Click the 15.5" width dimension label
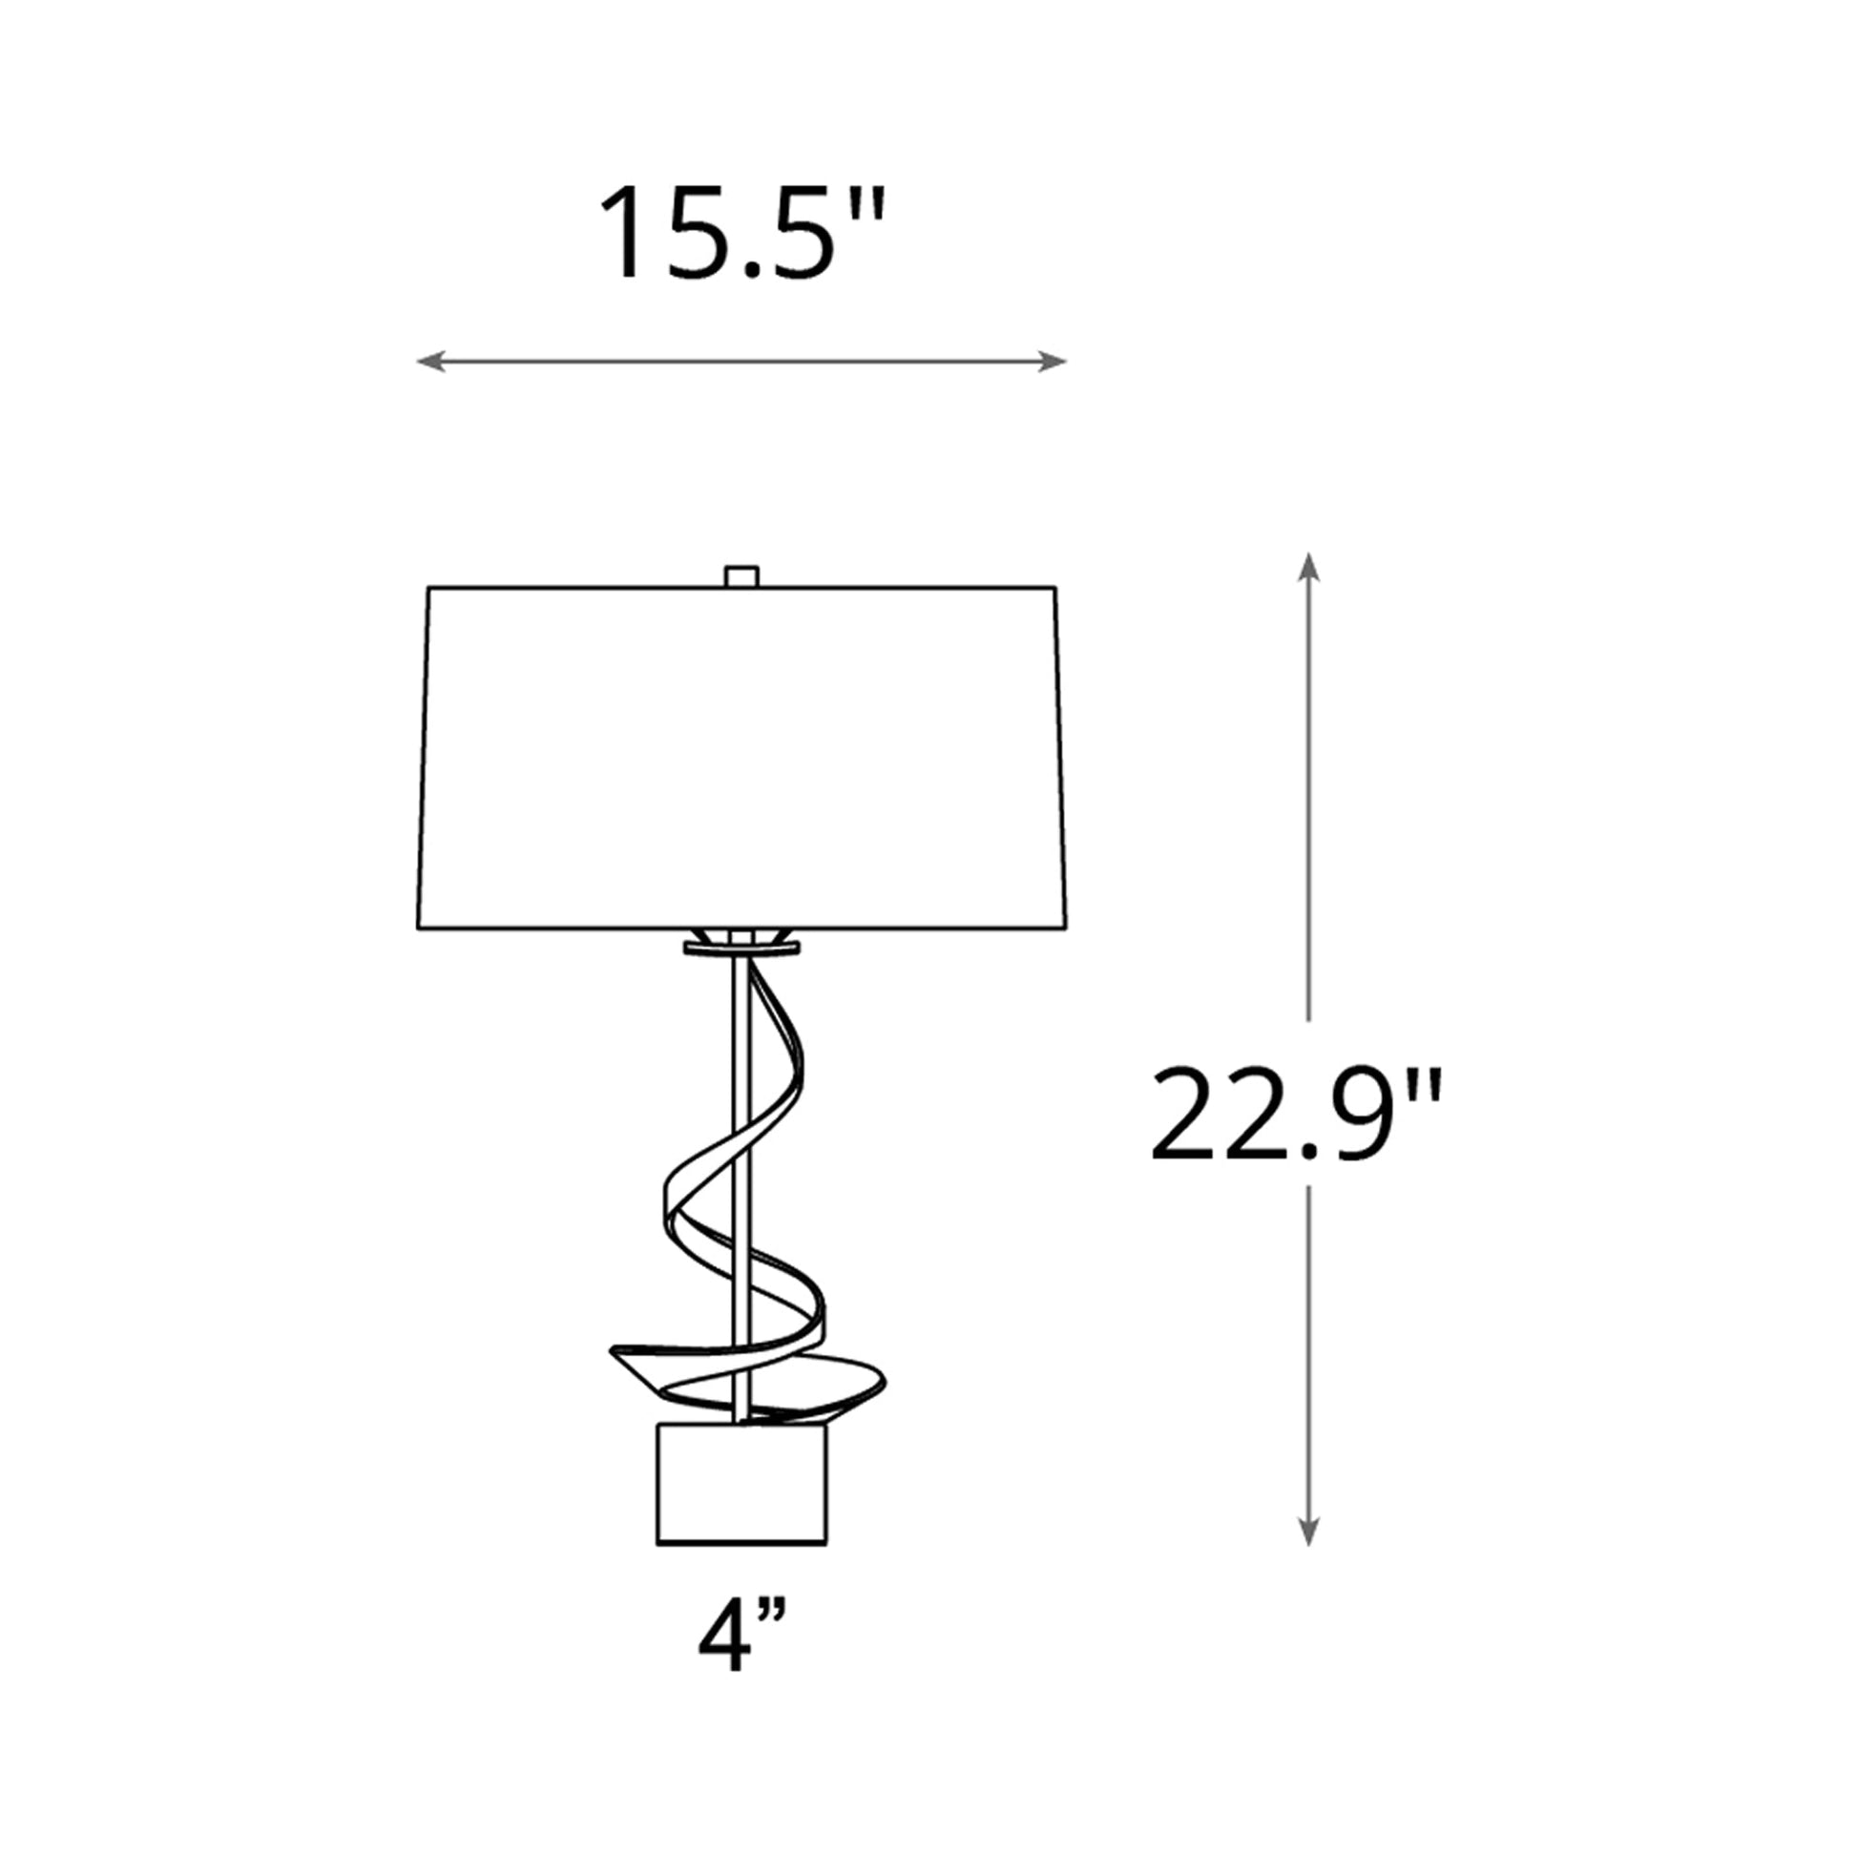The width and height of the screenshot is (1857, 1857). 741,234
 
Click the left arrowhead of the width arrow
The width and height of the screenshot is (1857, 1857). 428,362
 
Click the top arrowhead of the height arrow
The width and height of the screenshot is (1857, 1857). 1307,567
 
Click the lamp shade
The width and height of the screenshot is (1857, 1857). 741,760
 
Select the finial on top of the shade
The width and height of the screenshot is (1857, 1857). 741,576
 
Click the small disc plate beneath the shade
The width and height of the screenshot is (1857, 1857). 741,949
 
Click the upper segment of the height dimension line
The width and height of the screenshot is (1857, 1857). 1307,798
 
